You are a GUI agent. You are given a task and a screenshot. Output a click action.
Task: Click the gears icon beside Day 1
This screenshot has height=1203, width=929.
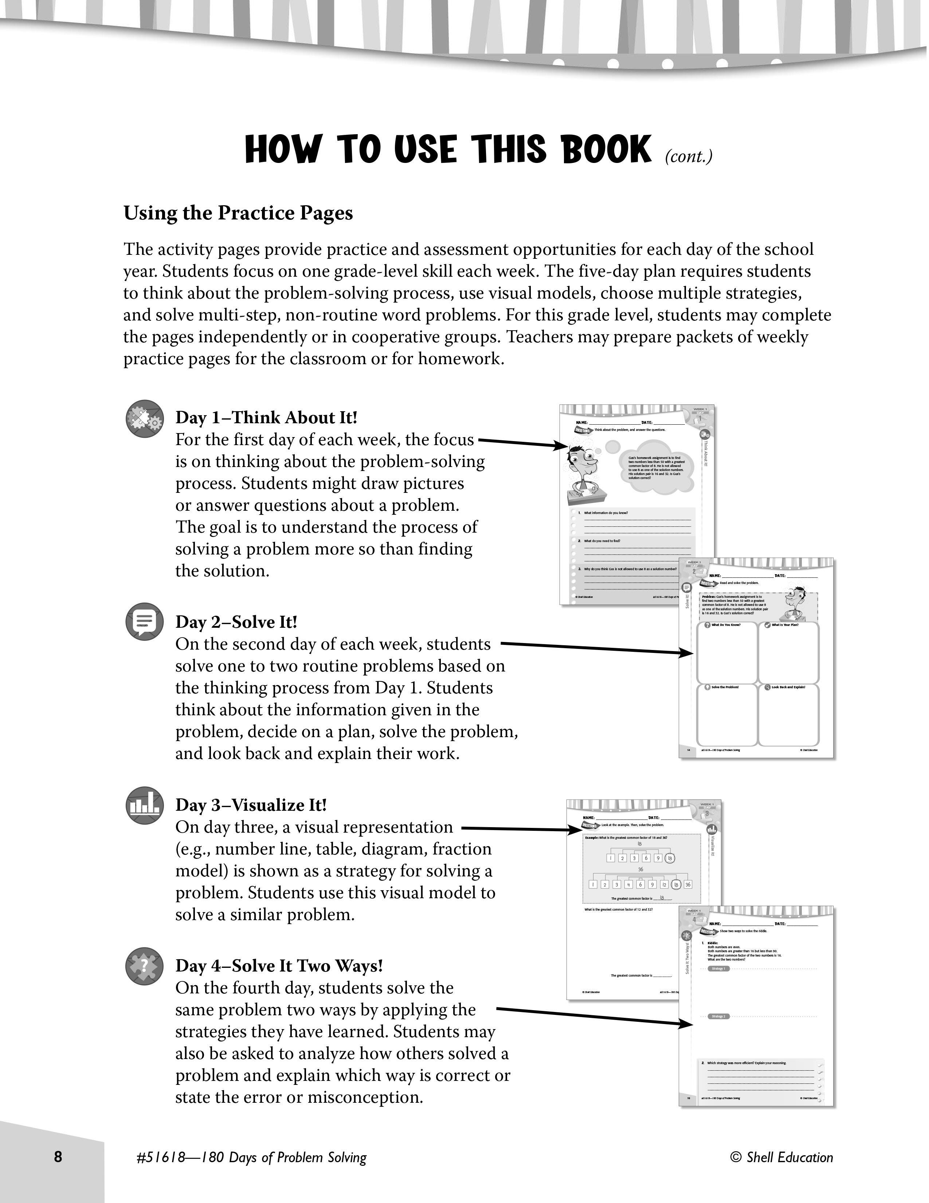tap(145, 419)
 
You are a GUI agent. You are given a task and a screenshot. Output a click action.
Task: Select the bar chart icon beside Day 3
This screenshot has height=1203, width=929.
tap(145, 805)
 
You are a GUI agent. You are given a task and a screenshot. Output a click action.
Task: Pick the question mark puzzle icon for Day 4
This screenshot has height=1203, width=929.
tap(145, 966)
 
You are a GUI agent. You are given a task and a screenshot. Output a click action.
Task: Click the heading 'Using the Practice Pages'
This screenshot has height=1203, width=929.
tap(238, 213)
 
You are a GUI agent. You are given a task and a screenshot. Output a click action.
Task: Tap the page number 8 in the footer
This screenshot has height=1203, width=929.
tap(58, 1157)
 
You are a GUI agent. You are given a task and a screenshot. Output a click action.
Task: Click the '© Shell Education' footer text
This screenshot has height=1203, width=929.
tap(781, 1157)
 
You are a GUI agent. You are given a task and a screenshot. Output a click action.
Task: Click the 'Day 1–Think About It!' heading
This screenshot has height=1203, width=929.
tap(266, 417)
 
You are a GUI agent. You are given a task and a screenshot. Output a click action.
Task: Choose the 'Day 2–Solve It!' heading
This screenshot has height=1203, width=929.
tap(236, 622)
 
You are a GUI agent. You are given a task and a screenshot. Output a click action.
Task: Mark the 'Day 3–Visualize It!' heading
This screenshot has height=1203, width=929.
tap(251, 805)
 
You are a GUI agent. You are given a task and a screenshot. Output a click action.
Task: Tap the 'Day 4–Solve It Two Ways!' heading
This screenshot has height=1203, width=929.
tap(279, 966)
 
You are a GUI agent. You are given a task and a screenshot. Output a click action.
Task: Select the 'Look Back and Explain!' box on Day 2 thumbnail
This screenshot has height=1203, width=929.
tap(788, 715)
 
